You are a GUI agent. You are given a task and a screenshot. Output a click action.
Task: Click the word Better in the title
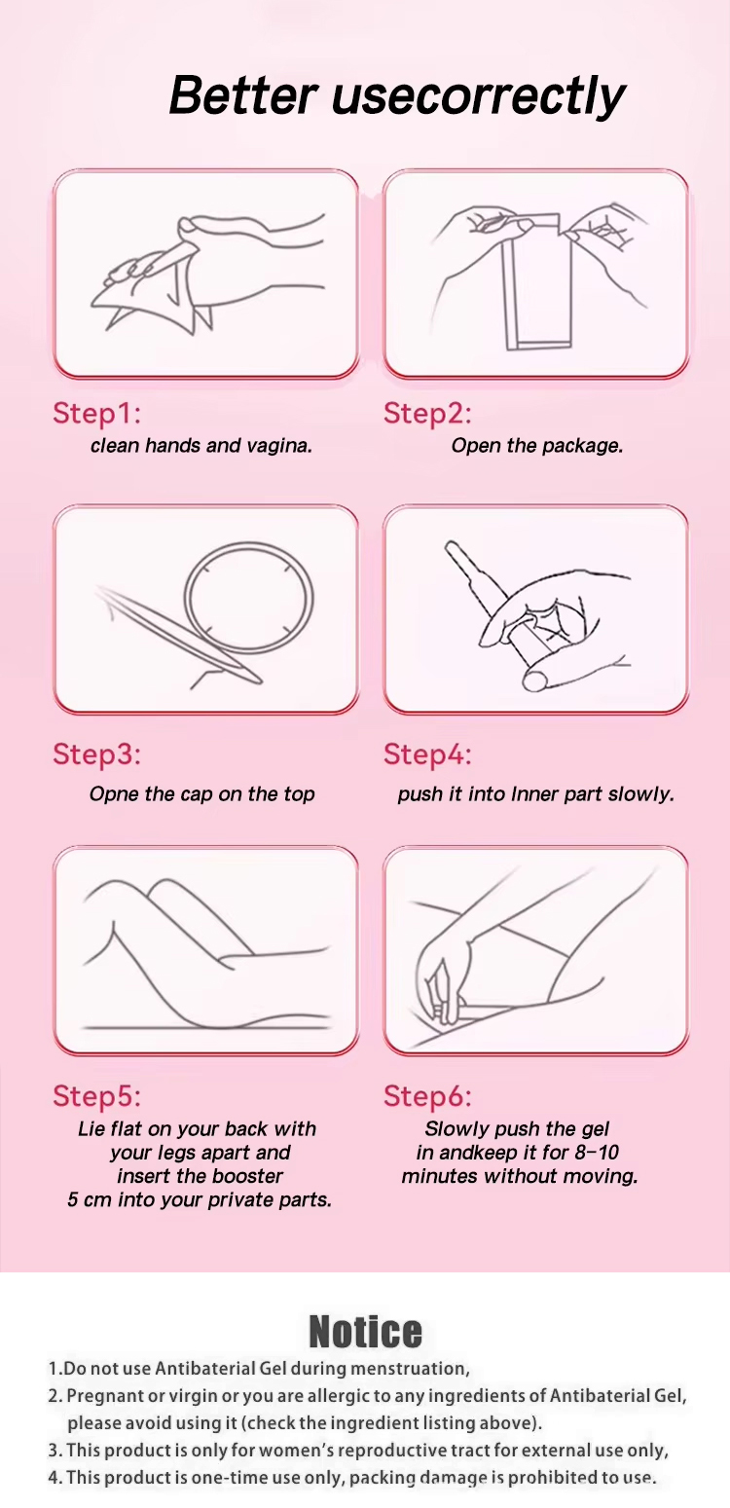(243, 95)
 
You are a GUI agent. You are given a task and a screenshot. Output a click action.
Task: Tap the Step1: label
(97, 414)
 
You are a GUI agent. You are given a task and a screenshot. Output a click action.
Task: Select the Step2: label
(428, 414)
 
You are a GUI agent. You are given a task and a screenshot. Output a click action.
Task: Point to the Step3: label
(97, 754)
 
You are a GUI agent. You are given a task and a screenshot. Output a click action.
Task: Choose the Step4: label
(428, 754)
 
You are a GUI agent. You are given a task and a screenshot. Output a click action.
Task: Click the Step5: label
(97, 1096)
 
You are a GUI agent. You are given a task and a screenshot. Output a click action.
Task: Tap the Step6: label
(428, 1096)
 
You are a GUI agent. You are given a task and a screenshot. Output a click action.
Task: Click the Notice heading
(365, 1332)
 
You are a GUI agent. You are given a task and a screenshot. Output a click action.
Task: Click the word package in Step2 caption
(583, 446)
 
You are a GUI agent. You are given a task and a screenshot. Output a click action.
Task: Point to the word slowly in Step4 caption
(640, 794)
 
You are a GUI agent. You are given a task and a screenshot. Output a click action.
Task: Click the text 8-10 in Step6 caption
(597, 1153)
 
